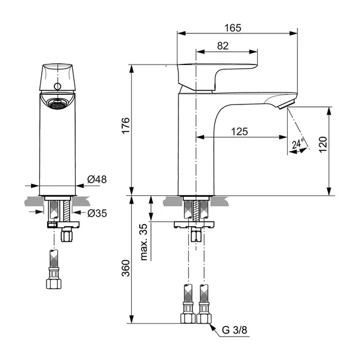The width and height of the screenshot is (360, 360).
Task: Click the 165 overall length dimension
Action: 233,28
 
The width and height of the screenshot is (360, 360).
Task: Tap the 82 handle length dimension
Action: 223,46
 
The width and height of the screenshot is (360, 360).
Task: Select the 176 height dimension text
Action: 126,125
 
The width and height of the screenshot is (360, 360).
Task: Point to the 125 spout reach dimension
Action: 239,132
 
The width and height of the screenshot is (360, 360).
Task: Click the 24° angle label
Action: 298,144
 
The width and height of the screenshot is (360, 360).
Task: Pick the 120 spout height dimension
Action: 323,144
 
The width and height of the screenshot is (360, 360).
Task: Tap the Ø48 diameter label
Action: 97,179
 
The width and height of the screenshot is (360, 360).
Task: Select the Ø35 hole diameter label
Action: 97,214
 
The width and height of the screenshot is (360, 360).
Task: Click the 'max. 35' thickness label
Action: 144,242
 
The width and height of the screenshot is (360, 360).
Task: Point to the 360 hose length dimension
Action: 126,268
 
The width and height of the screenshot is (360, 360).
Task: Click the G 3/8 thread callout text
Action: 235,330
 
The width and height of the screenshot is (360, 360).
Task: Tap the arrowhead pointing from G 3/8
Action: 213,327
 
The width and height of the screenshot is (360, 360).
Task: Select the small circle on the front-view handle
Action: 57,87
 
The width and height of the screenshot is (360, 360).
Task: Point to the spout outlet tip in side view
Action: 287,105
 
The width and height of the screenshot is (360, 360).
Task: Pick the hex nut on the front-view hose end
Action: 54,284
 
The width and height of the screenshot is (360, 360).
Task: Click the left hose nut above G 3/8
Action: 188,318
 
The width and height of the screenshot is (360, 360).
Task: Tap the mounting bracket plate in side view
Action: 194,224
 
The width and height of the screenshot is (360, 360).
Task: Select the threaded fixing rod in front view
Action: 66,211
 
